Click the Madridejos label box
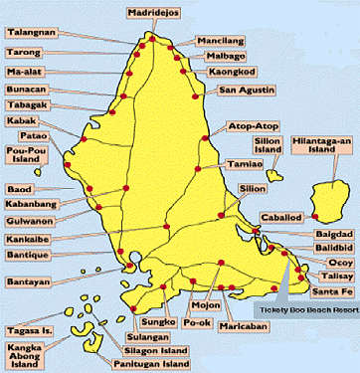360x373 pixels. (155, 12)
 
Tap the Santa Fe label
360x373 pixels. (328, 291)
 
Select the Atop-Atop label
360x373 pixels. (254, 127)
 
